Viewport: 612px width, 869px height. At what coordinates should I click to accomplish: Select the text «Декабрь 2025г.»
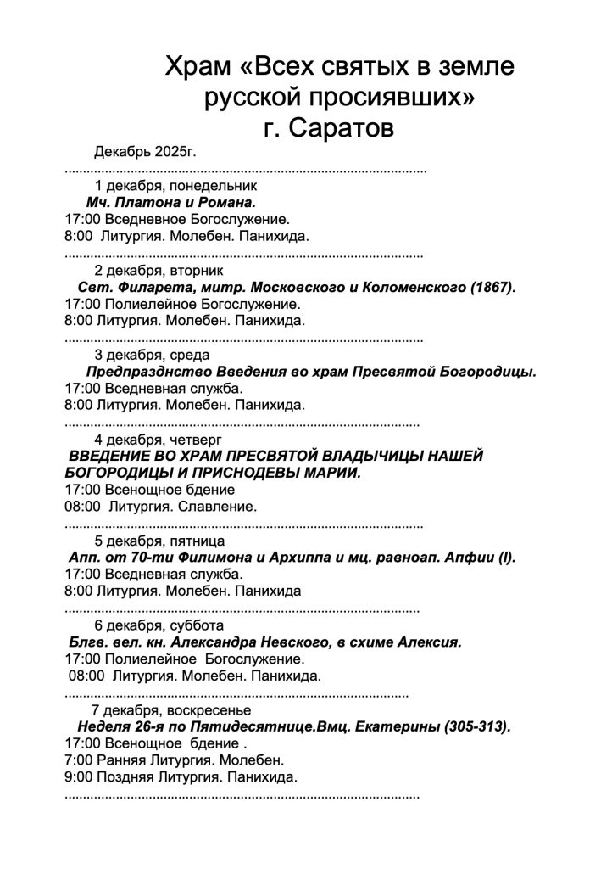coord(145,153)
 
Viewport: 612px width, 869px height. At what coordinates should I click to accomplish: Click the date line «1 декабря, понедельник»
coord(175,185)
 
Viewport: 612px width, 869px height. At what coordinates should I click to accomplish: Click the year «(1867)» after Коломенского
coord(492,287)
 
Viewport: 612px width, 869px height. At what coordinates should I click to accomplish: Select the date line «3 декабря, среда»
coord(152,355)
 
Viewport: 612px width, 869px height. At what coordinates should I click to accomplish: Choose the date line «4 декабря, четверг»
coord(158,439)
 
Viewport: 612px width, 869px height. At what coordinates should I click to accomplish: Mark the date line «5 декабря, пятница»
coord(159,540)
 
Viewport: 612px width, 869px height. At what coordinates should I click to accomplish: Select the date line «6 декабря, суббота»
coord(159,625)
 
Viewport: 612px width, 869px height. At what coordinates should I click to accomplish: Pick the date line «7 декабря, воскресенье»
coord(171,709)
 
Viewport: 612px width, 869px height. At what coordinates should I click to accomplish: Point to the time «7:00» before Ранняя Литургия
coord(79,760)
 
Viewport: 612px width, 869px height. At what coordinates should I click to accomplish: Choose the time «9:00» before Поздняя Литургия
coord(79,776)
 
